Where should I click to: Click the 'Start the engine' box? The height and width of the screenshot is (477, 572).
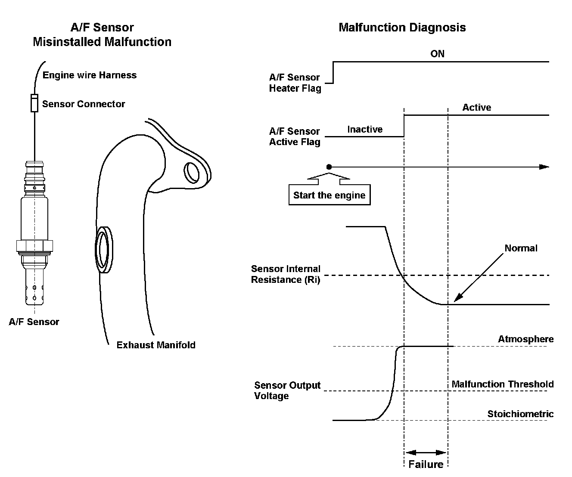[x=330, y=195]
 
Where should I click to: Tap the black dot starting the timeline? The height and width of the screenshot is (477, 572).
[x=329, y=167]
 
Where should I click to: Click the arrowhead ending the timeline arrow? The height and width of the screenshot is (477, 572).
[x=544, y=167]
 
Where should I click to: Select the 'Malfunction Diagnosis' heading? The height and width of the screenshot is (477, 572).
[x=402, y=28]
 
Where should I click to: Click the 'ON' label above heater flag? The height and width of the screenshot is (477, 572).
[x=437, y=54]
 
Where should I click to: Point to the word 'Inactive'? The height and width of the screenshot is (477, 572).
[x=365, y=129]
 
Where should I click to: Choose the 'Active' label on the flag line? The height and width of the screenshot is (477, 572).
[x=477, y=107]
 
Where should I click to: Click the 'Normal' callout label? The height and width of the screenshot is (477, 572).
[x=521, y=248]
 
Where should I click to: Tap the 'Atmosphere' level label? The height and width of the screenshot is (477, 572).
[x=526, y=339]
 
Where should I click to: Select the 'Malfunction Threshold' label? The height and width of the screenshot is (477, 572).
[x=502, y=384]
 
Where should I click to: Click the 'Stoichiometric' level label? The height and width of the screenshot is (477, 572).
[x=520, y=414]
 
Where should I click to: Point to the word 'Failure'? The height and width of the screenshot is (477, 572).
[x=426, y=465]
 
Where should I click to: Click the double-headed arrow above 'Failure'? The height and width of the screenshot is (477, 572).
[x=426, y=452]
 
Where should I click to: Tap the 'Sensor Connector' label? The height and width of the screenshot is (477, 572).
[x=84, y=104]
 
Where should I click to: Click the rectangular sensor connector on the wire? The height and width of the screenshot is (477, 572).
[x=34, y=103]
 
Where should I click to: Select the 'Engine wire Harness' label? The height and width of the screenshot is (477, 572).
[x=90, y=75]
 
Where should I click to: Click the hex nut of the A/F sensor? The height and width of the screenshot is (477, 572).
[x=34, y=246]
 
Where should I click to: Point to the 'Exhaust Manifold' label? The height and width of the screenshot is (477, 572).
[x=156, y=345]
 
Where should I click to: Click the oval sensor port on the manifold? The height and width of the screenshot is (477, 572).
[x=104, y=250]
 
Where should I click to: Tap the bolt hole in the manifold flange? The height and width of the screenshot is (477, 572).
[x=192, y=173]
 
